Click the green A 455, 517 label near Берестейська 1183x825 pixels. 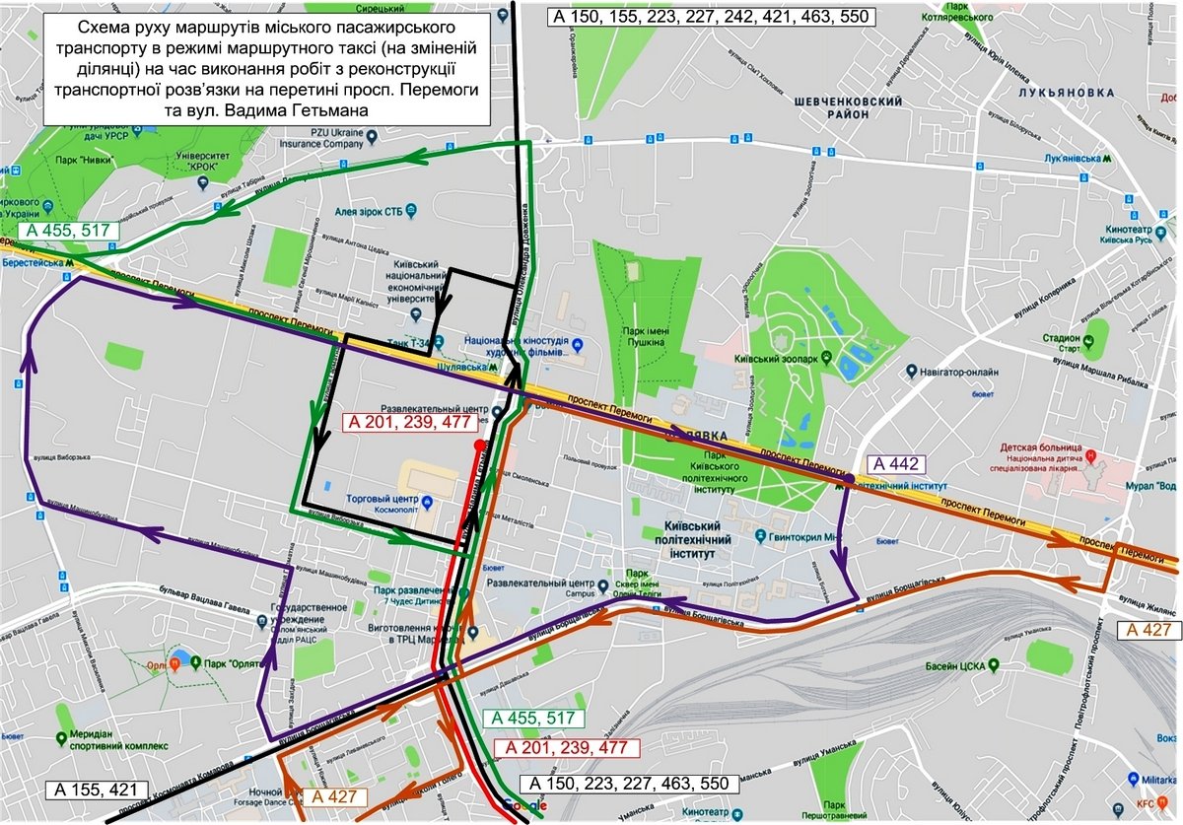tap(67, 231)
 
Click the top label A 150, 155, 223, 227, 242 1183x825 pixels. tap(707, 15)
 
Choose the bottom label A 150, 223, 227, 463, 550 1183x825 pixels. tap(627, 784)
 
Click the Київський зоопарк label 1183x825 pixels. tap(780, 362)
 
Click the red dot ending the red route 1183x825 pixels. tap(478, 446)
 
